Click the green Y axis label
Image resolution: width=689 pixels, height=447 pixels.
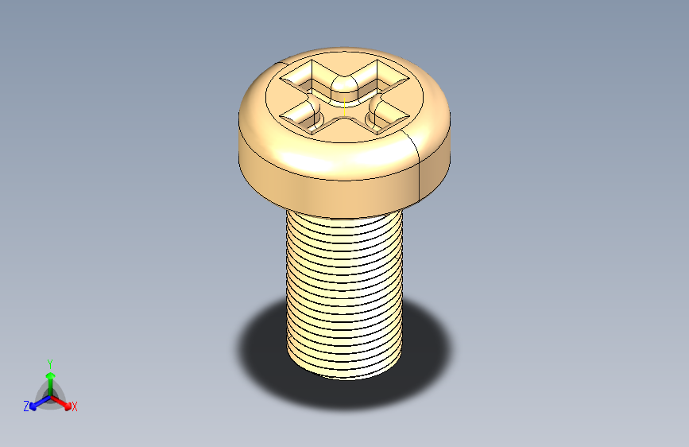pyautogui.click(x=50, y=363)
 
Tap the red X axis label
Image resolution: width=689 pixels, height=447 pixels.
pyautogui.click(x=74, y=406)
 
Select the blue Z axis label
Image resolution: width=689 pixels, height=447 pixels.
pyautogui.click(x=26, y=406)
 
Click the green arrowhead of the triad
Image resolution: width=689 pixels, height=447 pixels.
pyautogui.click(x=51, y=375)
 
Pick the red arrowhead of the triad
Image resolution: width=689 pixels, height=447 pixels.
pyautogui.click(x=68, y=405)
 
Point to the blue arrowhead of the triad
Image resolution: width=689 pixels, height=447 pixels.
pyautogui.click(x=33, y=406)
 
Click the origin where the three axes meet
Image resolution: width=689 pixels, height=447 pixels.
pyautogui.click(x=51, y=396)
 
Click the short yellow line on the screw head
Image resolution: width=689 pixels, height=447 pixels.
pyautogui.click(x=345, y=107)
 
